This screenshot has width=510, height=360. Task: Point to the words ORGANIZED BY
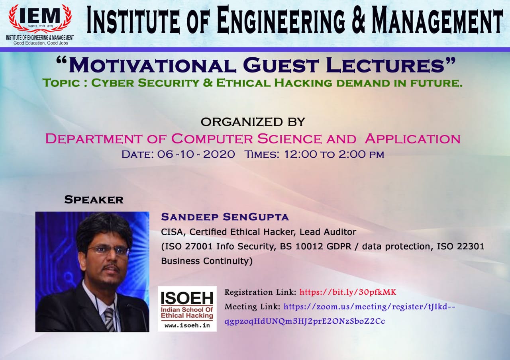point(253,121)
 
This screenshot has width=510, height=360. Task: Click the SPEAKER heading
point(94,200)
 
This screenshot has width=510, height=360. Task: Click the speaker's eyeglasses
point(108,250)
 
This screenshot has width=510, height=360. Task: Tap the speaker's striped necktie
point(109,319)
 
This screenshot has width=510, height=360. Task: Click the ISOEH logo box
point(187,309)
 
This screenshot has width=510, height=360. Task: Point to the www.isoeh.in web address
point(187,326)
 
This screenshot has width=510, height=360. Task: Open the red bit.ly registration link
point(347,292)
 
